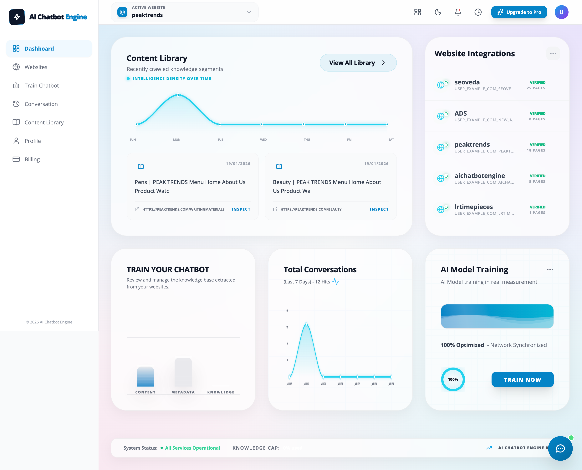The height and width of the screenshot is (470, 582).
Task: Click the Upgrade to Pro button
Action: (x=519, y=12)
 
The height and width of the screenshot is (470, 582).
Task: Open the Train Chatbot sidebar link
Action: (x=41, y=86)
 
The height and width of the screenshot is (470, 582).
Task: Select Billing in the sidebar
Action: (x=32, y=159)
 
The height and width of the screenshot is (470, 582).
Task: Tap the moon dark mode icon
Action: (x=438, y=12)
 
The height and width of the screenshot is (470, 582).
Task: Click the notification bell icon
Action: (x=458, y=12)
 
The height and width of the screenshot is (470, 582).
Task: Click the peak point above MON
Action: (x=178, y=95)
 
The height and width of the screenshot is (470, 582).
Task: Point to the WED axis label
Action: (x=263, y=140)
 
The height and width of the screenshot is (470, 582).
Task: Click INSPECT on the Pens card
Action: (x=241, y=209)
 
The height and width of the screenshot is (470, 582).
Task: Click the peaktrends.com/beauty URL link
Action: (x=311, y=209)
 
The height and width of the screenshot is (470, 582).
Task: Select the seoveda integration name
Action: (x=467, y=82)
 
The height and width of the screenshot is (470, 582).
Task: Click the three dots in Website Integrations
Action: (x=553, y=54)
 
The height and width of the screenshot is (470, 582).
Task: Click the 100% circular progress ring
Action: (x=453, y=379)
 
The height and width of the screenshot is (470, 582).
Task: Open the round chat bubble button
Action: (x=560, y=448)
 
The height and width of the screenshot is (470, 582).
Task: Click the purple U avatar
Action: (x=561, y=12)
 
